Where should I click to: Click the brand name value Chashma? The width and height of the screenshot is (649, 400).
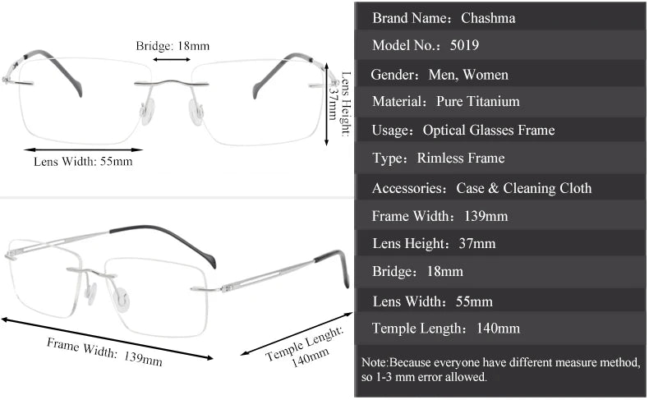[x=488, y=18]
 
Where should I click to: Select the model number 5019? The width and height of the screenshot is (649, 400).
[x=463, y=46]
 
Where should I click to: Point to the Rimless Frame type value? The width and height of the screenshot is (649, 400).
[x=461, y=158]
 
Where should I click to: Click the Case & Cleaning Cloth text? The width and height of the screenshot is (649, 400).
[x=524, y=188]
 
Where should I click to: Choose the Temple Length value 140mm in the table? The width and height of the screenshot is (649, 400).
[x=499, y=329]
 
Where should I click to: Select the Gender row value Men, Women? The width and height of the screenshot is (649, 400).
[x=468, y=75]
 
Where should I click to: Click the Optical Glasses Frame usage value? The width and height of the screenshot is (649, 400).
[x=489, y=131]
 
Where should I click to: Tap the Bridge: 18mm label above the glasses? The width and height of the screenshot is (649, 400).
[x=173, y=47]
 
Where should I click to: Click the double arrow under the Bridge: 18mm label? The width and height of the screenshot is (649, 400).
[x=173, y=59]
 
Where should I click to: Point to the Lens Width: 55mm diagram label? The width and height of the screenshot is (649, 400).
[x=83, y=162]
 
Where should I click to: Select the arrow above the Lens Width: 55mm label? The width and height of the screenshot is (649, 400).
[x=83, y=149]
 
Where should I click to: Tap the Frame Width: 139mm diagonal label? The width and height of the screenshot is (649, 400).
[x=104, y=351]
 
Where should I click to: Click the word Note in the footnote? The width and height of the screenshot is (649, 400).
[x=374, y=362]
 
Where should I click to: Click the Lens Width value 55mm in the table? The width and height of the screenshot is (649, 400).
[x=474, y=301]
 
